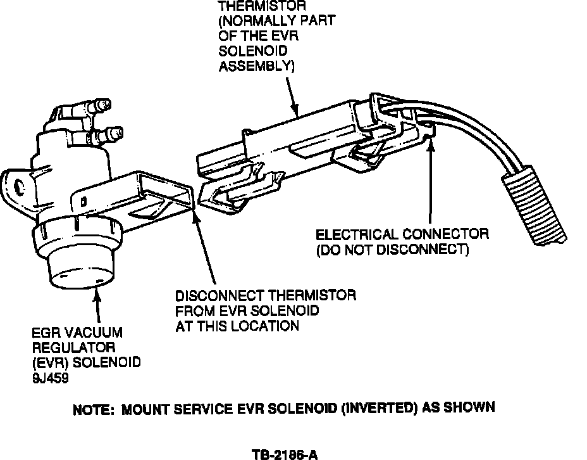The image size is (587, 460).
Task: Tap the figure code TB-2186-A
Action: [284, 454]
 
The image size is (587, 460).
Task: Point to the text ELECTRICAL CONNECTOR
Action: [402, 234]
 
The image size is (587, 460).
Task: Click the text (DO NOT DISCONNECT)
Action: [392, 250]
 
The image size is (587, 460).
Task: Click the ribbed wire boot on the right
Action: [525, 209]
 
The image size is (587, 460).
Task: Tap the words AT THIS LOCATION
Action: [237, 326]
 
